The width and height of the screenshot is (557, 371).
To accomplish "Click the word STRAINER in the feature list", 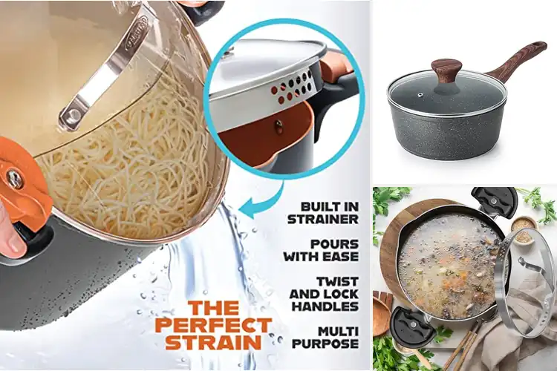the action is [x=323, y=220].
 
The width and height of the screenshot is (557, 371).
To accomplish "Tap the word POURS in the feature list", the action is [x=335, y=244].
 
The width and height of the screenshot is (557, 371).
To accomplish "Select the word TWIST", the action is [x=337, y=282].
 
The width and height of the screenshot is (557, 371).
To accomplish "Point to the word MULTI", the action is [x=338, y=332].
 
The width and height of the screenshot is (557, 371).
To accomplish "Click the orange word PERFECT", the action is [x=214, y=324].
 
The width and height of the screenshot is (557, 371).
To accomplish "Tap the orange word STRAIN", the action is [x=213, y=342].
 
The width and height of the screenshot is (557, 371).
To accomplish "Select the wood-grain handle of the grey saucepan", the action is [x=518, y=59].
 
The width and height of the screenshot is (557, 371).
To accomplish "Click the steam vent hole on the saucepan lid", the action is [x=420, y=95].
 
